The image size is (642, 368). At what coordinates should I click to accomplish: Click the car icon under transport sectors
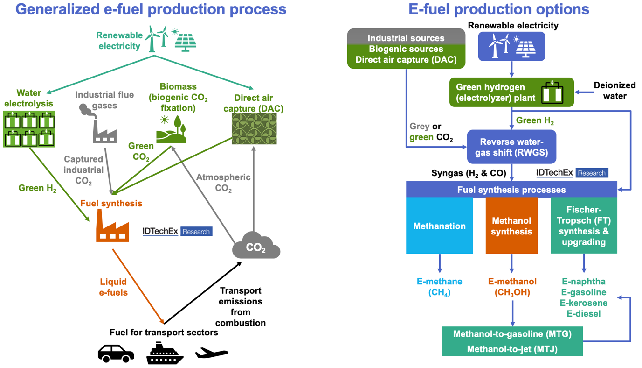tap(116, 353)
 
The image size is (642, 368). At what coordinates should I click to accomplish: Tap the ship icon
tap(165, 354)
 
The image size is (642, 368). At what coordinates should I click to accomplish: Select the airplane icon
tap(212, 353)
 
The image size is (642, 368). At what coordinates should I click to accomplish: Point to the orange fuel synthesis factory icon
tap(112, 227)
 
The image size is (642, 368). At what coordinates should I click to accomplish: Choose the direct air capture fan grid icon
tap(254, 129)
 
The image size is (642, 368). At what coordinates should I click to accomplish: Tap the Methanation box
tap(439, 226)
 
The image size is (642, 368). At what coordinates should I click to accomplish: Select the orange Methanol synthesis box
tap(511, 226)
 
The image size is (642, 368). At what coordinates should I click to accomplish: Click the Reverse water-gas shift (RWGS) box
tap(511, 146)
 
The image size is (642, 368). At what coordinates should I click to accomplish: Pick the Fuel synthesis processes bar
tap(511, 190)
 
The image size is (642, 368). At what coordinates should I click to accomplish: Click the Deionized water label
tap(614, 91)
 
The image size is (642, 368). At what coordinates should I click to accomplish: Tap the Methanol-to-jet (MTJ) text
tap(512, 349)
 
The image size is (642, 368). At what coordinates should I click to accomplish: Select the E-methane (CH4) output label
tap(439, 287)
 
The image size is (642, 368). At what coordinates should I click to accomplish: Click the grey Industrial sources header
tap(406, 38)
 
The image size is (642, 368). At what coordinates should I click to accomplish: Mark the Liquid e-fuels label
tap(114, 287)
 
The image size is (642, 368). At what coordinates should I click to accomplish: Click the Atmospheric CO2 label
tap(223, 183)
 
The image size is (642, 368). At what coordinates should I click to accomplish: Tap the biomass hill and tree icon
tap(171, 129)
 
